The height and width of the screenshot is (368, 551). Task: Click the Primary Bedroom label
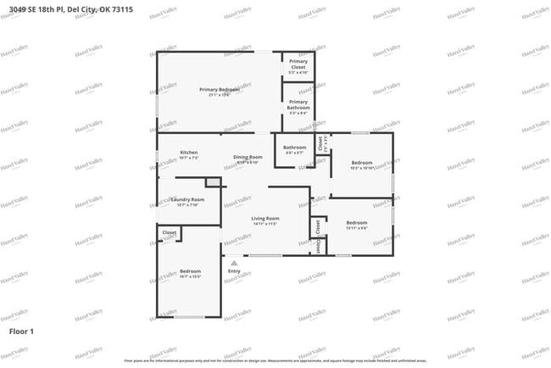[x=220, y=89]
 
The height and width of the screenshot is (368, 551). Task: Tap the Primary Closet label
[x=298, y=64]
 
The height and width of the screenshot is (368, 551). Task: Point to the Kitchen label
[x=188, y=153]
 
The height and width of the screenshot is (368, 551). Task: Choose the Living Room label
[x=265, y=218]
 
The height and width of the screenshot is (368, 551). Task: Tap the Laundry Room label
[x=187, y=199]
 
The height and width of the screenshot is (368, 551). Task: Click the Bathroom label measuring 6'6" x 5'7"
[x=295, y=148]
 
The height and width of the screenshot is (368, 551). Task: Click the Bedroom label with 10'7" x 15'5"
[x=189, y=270]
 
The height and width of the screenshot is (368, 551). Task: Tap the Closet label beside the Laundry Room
[x=170, y=232]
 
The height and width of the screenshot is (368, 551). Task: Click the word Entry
[x=234, y=271]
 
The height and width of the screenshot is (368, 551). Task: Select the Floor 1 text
[x=21, y=330]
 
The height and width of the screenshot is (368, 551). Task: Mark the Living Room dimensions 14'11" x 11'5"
[x=265, y=224]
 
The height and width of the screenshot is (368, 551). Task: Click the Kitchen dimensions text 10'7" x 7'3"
[x=188, y=158]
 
